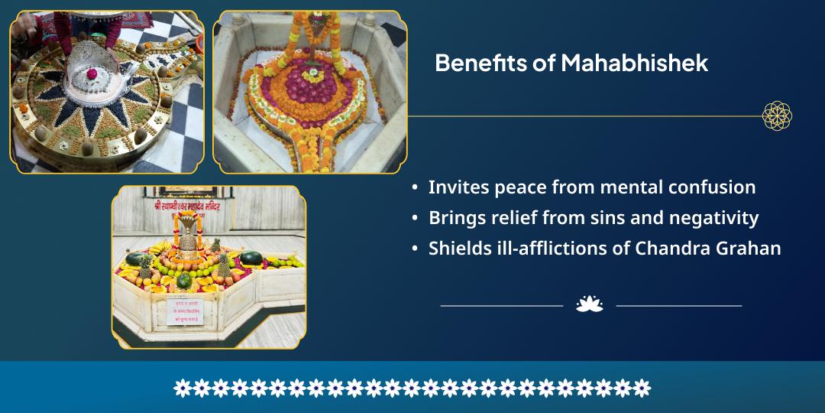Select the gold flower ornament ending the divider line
[777, 116]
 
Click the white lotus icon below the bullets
[589, 304]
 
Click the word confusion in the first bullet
[708, 187]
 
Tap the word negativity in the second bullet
[713, 218]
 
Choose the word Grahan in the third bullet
[750, 249]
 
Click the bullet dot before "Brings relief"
[415, 219]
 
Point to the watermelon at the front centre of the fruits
[184, 281]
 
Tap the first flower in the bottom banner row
[182, 388]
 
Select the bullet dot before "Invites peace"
[415, 188]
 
